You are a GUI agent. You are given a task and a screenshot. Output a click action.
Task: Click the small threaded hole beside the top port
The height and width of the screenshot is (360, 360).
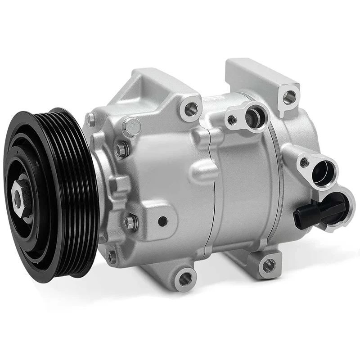(231, 120)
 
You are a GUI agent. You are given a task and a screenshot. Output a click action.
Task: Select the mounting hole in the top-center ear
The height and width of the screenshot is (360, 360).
(192, 108)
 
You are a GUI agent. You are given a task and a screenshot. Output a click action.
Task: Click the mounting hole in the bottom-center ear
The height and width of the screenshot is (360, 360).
(185, 279)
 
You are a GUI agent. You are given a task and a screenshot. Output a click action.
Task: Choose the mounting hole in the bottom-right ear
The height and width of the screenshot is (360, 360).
(269, 264)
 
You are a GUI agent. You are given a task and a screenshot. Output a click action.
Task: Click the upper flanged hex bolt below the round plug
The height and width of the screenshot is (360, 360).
(121, 150)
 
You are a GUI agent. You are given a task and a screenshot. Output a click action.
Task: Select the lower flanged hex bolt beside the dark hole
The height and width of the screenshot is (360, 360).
(131, 221)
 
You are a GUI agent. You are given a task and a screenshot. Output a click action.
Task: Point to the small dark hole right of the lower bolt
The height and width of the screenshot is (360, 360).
(162, 220)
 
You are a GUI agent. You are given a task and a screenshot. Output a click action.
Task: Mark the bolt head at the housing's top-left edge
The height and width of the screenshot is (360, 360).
(91, 119)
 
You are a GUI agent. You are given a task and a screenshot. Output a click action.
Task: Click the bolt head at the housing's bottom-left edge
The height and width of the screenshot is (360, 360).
(110, 256)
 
